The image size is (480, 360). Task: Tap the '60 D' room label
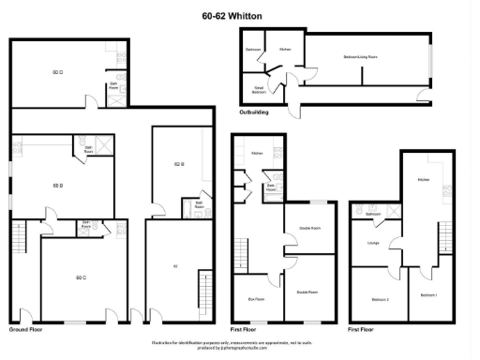point(57,72)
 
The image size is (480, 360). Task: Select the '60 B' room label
point(57,185)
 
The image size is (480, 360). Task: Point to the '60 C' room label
point(81,277)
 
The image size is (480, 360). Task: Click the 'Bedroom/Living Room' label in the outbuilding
point(360,59)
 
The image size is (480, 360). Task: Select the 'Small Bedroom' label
point(259,90)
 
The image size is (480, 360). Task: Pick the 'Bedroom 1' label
point(428,295)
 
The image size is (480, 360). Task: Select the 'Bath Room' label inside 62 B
point(199,205)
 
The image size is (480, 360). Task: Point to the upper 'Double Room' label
point(308,228)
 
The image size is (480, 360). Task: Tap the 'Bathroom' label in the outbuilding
point(253,49)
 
